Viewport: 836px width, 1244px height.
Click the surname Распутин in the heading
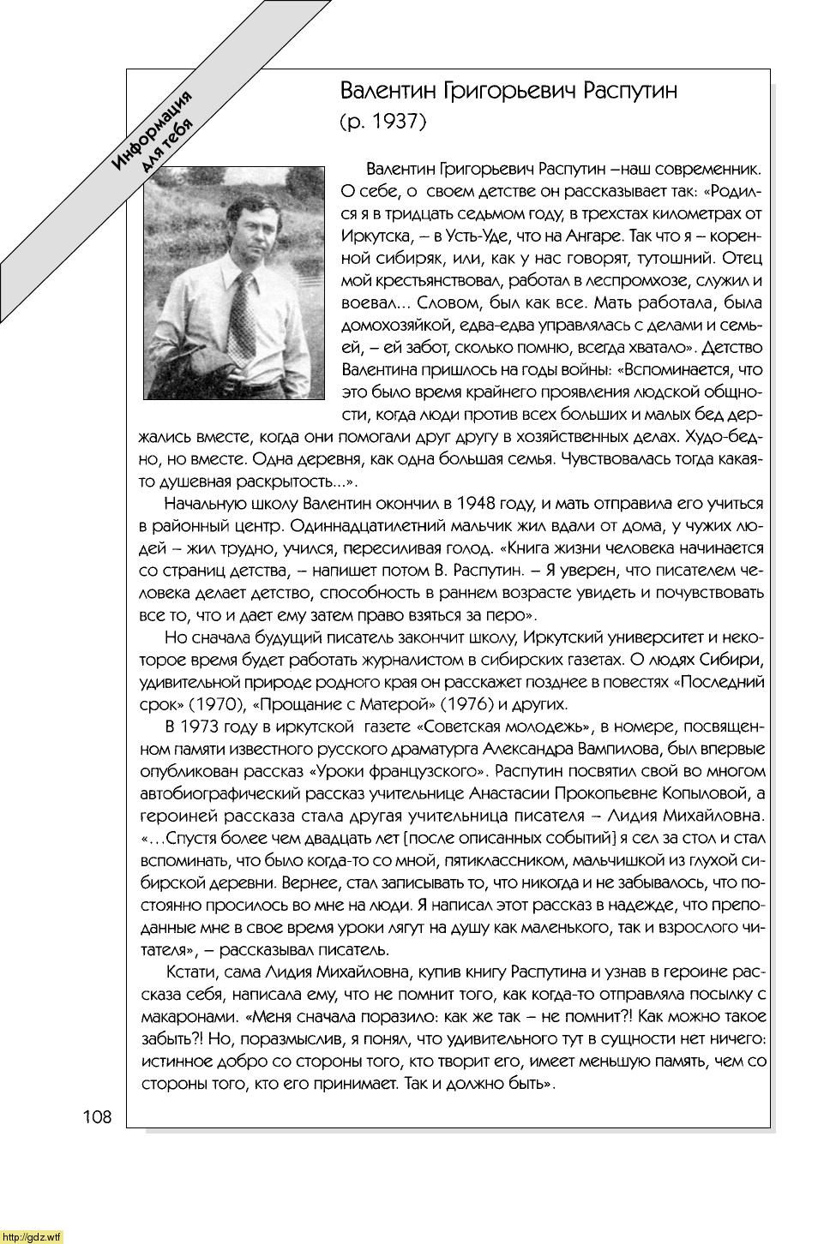tap(630, 92)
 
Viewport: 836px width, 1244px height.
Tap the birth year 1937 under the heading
tap(394, 122)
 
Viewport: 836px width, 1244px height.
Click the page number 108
tap(97, 1117)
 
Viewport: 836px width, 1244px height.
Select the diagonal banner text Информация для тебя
tap(155, 134)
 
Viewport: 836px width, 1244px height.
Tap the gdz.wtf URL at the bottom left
tap(32, 1236)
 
